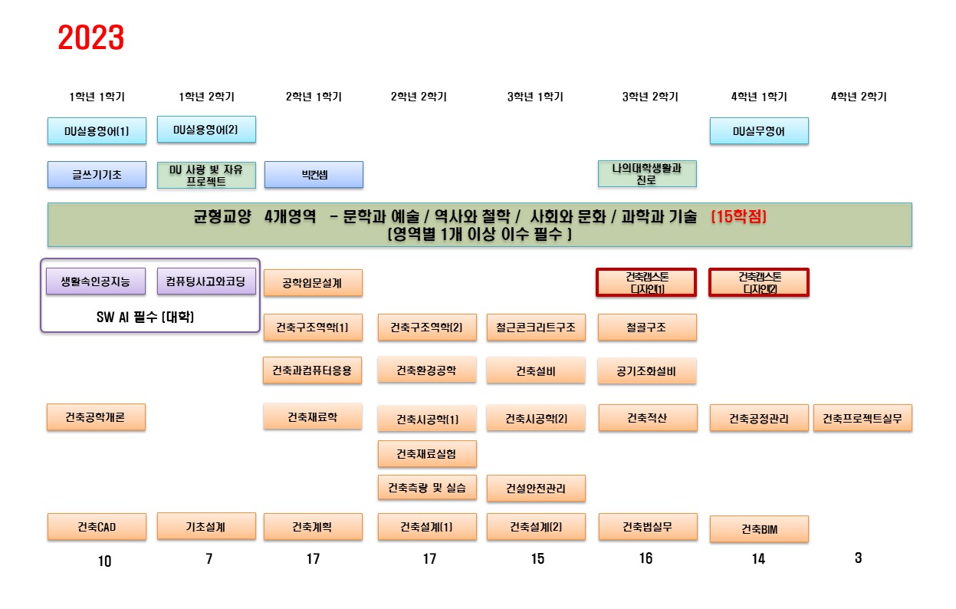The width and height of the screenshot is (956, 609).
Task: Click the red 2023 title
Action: (91, 38)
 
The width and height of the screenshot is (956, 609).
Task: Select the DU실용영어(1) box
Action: (97, 131)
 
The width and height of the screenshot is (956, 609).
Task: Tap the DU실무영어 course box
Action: (759, 131)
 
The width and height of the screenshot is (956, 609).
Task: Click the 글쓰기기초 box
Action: (97, 175)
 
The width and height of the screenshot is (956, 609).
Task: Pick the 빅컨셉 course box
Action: (314, 175)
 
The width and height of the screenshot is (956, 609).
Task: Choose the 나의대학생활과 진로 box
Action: (647, 174)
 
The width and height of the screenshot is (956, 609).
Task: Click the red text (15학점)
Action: (738, 217)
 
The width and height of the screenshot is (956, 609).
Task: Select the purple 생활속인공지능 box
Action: (96, 281)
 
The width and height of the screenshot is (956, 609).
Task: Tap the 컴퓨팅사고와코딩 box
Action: (206, 281)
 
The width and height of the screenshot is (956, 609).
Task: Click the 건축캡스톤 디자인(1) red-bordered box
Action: (646, 282)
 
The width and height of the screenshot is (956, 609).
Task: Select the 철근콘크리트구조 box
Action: (536, 328)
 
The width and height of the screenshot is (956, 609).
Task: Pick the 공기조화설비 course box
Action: (647, 372)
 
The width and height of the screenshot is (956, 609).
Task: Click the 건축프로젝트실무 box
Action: (862, 419)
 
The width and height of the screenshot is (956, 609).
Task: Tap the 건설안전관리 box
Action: (536, 488)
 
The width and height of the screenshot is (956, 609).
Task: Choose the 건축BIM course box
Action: (759, 529)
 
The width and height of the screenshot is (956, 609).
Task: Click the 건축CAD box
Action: (97, 527)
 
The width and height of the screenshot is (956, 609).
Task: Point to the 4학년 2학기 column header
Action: (859, 97)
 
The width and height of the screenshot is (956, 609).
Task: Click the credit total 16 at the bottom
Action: (646, 558)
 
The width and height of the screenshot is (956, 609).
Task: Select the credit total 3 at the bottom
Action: (859, 558)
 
